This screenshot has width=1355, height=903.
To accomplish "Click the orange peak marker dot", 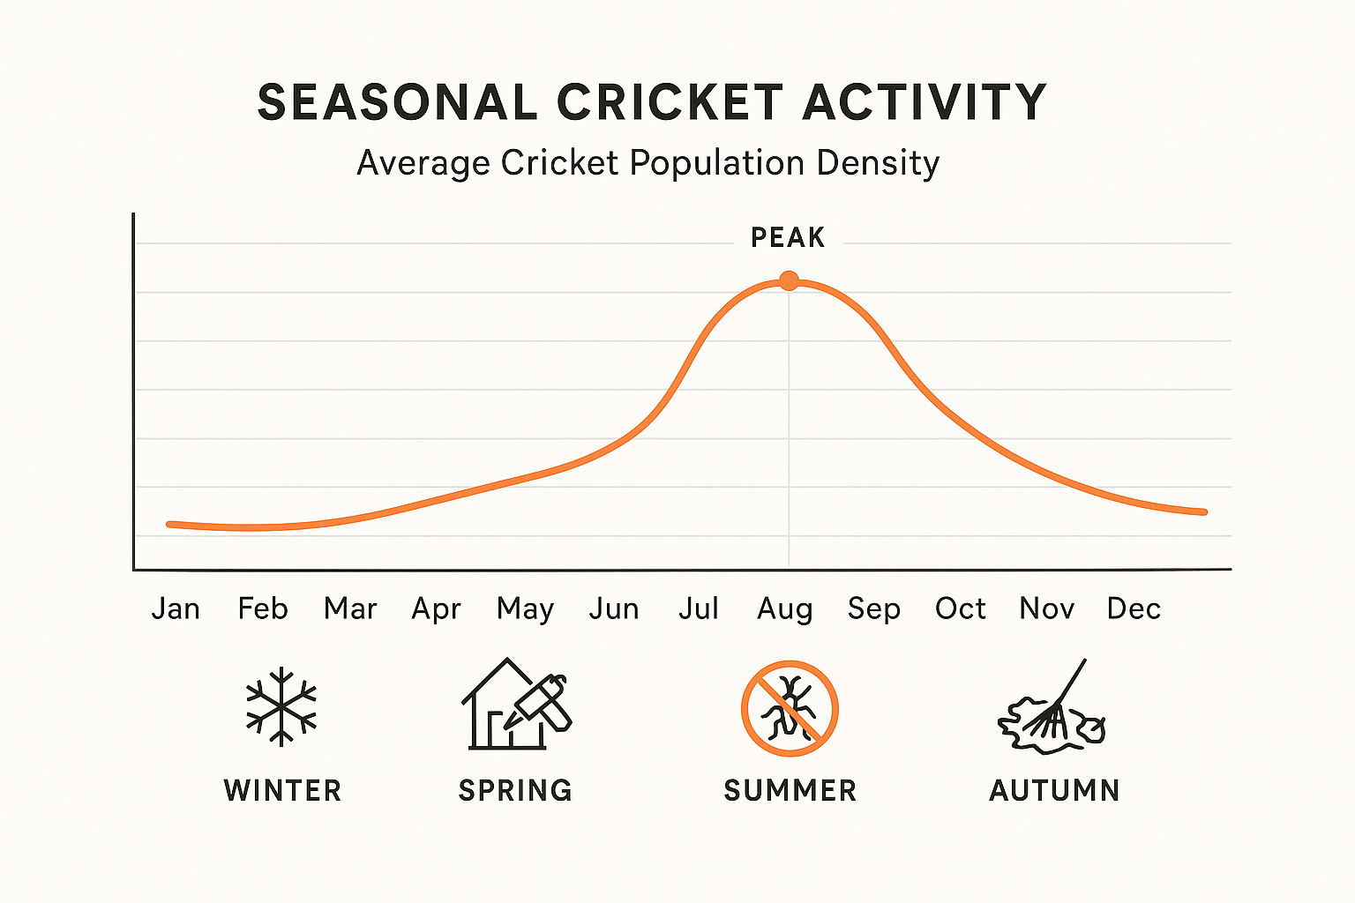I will pos(789,281).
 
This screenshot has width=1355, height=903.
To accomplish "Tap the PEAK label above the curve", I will pos(788,238).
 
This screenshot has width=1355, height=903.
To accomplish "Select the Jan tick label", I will pos(176,608).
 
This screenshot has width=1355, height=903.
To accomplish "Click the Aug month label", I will pos(784,609).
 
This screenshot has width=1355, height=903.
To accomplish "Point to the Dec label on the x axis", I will pos(1134,608).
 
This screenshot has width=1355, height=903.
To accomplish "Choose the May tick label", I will pos(525,609).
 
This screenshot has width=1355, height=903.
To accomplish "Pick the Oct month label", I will pos(960,608).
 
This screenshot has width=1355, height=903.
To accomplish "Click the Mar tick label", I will pos(350,608).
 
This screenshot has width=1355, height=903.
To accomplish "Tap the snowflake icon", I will pos(281,706).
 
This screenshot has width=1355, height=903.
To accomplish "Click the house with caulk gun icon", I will pos(516,705).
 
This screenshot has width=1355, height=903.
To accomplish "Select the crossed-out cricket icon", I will pos(790,708).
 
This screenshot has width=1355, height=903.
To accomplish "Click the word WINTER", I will pos(282,790).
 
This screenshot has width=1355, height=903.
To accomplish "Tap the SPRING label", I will pos(515,790).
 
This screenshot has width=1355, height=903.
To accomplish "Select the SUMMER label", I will pos(790,790).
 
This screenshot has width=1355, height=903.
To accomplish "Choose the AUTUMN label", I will pos(1054,790).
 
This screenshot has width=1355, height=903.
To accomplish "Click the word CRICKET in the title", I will pos(670,102).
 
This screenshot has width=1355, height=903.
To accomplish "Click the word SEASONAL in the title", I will pos(397,102).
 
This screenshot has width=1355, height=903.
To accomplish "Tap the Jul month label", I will pos(698,608).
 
